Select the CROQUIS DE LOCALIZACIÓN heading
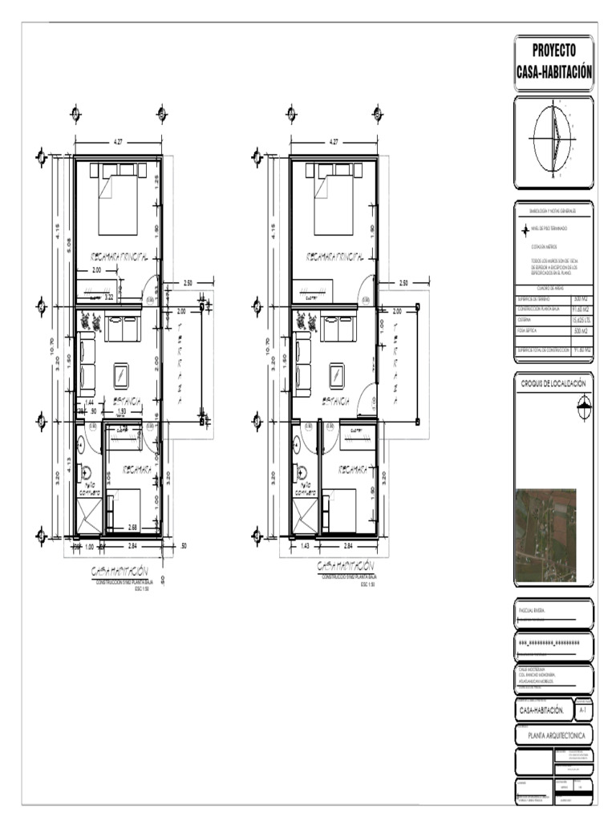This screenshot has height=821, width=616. pyautogui.click(x=553, y=384)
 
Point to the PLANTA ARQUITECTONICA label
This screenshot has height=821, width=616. pyautogui.click(x=553, y=735)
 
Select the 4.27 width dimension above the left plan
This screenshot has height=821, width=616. pyautogui.click(x=119, y=142)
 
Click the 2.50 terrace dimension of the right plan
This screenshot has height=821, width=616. pyautogui.click(x=403, y=282)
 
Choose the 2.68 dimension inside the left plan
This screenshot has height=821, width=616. pyautogui.click(x=132, y=527)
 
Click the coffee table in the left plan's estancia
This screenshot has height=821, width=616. pyautogui.click(x=121, y=374)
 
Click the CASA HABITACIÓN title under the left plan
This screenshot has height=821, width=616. pyautogui.click(x=120, y=570)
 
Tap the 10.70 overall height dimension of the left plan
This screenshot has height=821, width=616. pyautogui.click(x=54, y=346)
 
